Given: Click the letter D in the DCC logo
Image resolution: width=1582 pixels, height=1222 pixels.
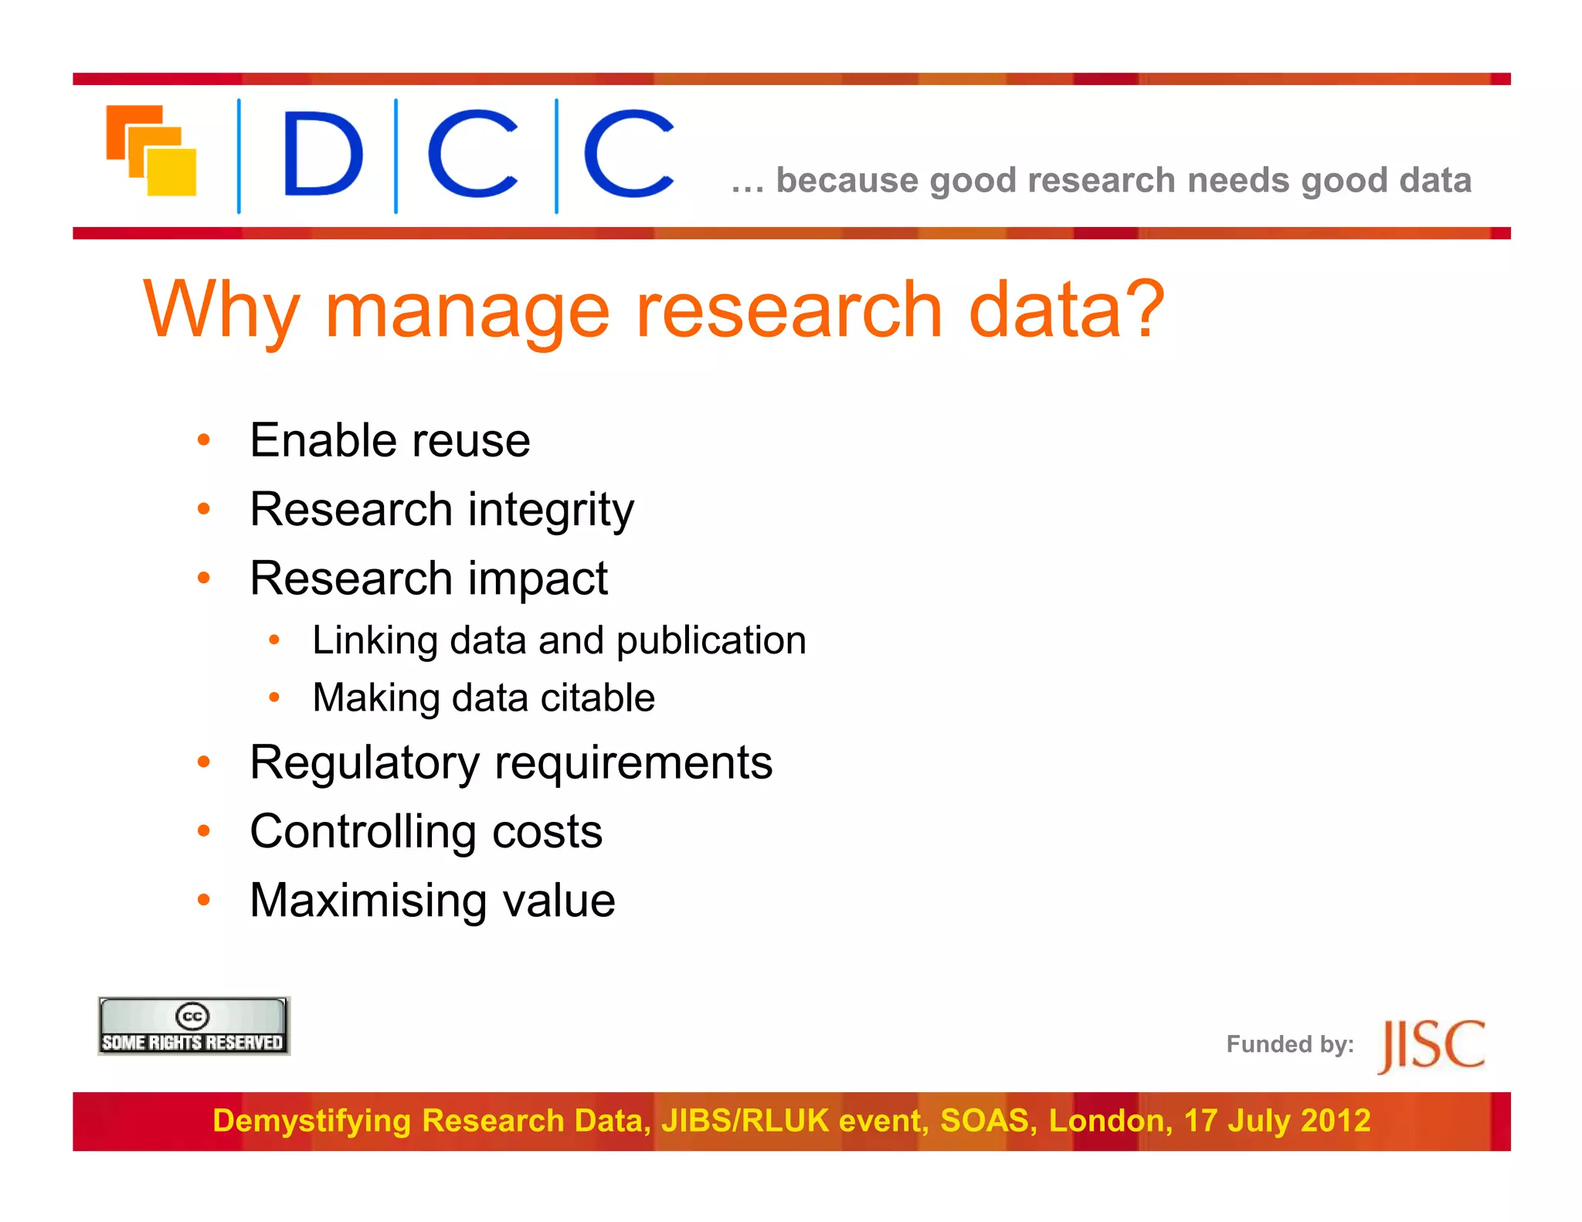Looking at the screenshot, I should coord(322,154).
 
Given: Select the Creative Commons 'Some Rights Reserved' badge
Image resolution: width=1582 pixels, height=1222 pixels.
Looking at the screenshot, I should coord(193,1027).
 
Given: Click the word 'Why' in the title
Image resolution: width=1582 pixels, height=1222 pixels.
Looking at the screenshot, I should coord(221,311).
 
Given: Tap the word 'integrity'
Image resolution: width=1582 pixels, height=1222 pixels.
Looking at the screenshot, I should coord(551,511).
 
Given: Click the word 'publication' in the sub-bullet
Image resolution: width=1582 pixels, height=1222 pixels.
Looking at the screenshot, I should coord(711,641).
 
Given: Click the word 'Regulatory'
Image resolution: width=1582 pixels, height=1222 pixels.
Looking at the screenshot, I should coord(365,764).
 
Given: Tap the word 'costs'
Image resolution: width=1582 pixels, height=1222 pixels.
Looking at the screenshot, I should coord(547,832).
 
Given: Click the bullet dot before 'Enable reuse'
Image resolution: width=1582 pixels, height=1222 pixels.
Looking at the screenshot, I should coord(204,440).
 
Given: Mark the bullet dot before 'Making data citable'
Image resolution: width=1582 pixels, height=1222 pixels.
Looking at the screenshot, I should coord(273,698).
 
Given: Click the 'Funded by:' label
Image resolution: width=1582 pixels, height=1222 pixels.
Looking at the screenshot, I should coord(1289,1044).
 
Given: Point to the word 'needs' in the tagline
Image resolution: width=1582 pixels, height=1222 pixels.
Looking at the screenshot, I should coord(1238,181).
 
